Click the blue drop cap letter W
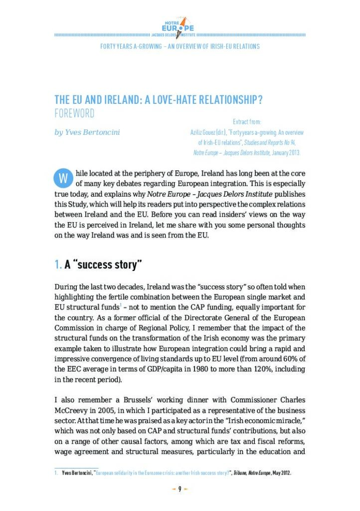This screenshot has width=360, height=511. tap(62, 178)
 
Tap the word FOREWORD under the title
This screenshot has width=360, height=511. tap(74, 113)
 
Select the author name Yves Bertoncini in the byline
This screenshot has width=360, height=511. tap(87, 133)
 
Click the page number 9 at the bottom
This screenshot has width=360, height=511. tap(180, 489)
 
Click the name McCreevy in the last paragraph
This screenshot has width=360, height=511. tap(74, 411)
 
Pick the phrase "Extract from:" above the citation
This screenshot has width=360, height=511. tap(247, 122)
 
